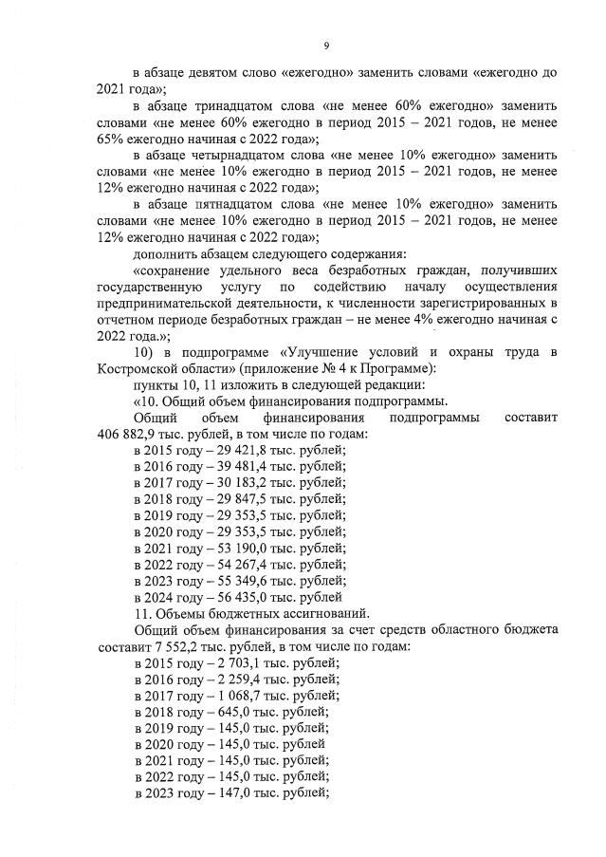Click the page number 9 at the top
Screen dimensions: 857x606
[x=325, y=46]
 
